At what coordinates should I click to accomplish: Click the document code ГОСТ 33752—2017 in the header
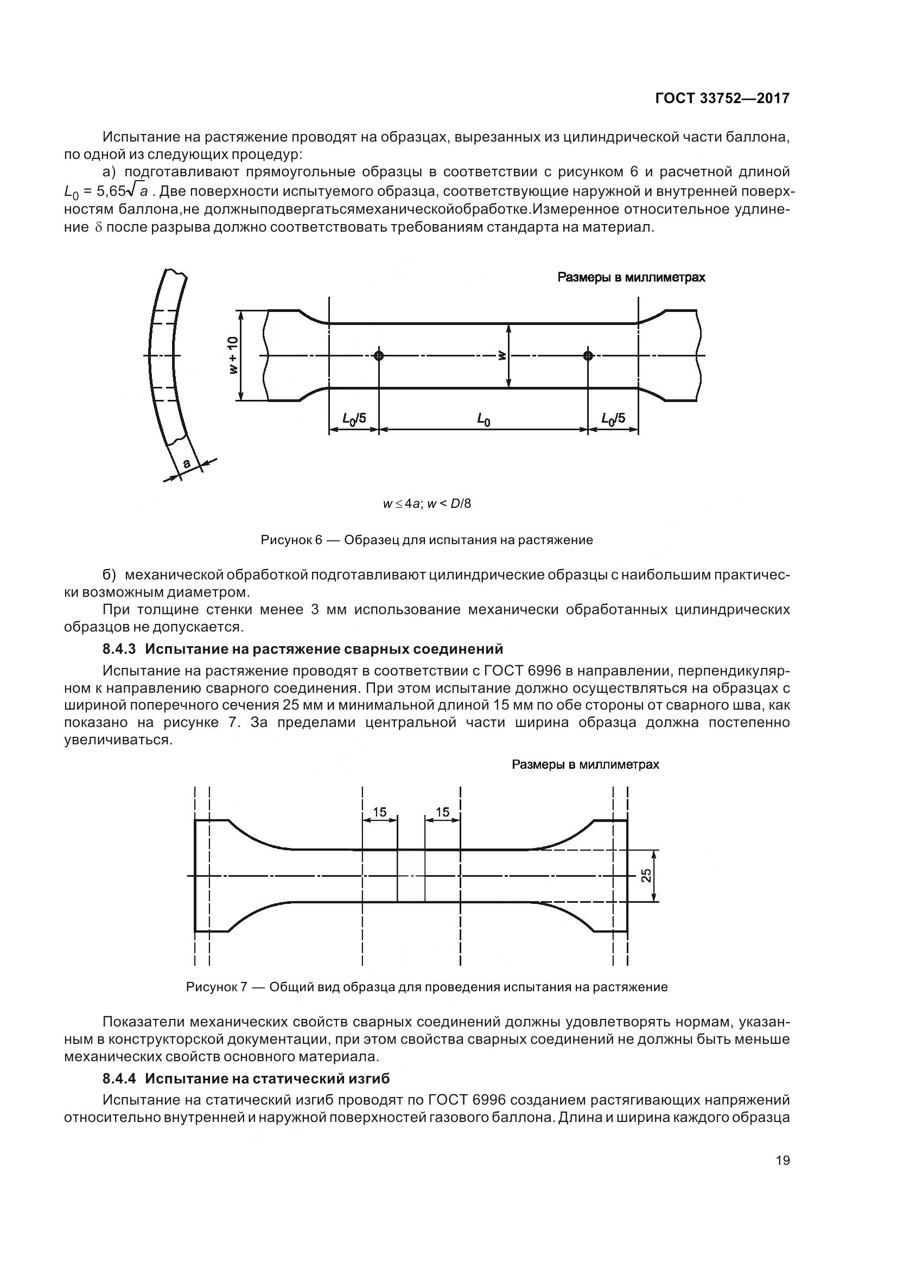click(722, 98)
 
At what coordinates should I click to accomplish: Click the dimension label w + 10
click(233, 355)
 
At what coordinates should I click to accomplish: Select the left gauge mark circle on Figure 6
click(379, 355)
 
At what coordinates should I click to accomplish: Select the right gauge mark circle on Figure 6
click(588, 355)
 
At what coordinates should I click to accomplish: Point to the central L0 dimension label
click(484, 419)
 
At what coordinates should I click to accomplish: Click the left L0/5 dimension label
click(354, 418)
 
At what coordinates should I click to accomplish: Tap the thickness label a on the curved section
click(187, 463)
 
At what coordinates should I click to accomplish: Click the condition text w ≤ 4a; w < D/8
click(427, 503)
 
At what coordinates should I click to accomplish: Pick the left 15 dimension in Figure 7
click(380, 812)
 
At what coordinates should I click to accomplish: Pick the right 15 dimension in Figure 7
click(443, 812)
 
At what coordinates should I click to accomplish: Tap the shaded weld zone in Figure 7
click(411, 876)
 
